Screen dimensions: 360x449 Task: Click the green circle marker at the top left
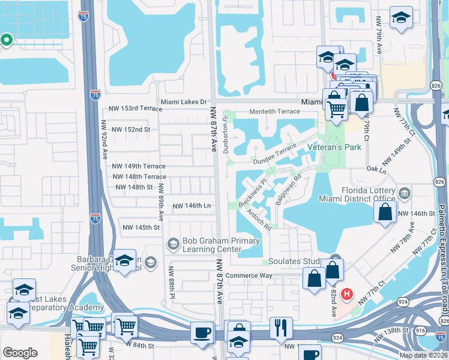[7, 41]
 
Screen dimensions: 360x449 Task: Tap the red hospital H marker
[346, 294]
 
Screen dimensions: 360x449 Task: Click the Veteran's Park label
[334, 147]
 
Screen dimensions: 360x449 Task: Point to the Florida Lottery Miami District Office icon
[405, 193]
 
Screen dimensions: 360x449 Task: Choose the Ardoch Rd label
[259, 220]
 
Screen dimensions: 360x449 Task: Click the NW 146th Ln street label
[191, 206]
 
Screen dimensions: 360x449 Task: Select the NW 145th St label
[141, 227]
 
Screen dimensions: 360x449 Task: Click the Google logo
[20, 353]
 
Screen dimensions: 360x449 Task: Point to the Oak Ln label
[376, 170]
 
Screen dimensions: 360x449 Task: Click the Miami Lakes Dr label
[182, 101]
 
